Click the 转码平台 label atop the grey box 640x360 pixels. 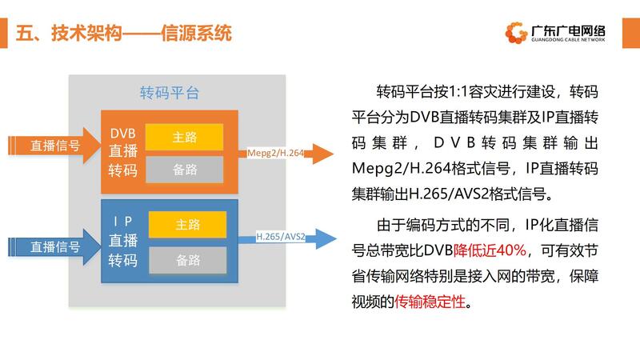pos(169,93)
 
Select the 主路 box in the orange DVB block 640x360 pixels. pos(185,137)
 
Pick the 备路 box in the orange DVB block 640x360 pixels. pos(185,169)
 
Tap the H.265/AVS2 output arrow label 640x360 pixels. pos(281,237)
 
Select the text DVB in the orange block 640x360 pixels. pos(124,132)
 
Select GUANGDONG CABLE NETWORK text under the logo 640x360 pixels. pos(568,39)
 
